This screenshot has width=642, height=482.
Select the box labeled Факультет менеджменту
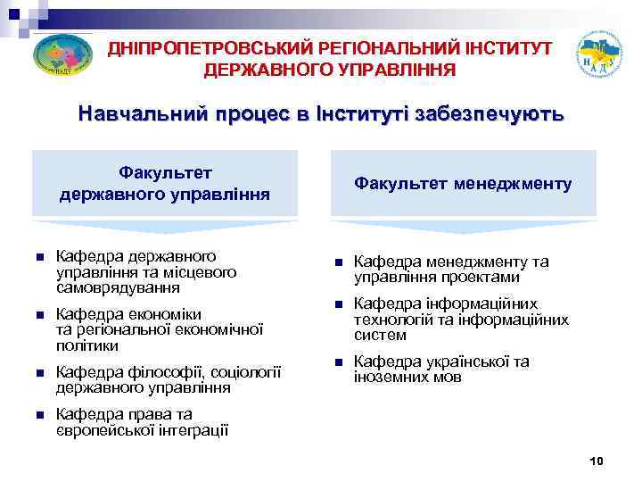(x=463, y=183)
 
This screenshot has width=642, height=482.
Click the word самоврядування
(x=117, y=288)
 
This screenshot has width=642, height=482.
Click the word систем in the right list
(x=380, y=336)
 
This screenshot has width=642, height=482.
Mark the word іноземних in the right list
(x=390, y=378)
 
